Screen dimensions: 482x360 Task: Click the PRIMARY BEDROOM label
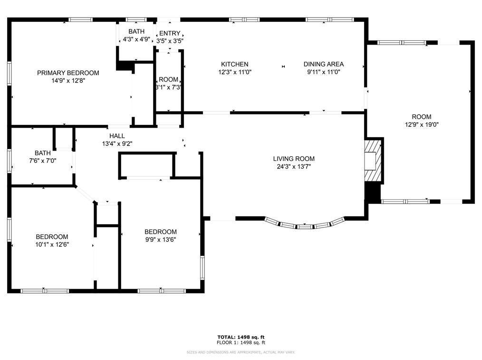(68, 73)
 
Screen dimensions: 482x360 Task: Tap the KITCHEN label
(234, 64)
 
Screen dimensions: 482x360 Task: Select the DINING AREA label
(323, 64)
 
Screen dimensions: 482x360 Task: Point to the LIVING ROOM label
(294, 159)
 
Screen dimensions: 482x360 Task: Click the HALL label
(117, 136)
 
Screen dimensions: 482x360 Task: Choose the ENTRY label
(170, 33)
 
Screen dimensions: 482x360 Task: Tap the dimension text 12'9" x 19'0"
(422, 125)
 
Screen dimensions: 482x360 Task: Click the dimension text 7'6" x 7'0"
(43, 161)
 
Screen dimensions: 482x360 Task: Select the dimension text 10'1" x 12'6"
(52, 245)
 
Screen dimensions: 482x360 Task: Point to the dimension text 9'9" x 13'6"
(161, 239)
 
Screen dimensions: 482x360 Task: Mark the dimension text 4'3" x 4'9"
(136, 39)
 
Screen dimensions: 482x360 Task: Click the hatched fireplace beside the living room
(373, 161)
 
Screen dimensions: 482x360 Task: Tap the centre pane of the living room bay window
(304, 227)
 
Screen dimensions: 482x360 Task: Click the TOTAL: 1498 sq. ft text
(241, 337)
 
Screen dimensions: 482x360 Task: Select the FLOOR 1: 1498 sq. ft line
(241, 342)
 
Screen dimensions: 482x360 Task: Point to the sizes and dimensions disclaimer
(241, 352)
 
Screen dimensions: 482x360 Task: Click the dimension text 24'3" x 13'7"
(294, 167)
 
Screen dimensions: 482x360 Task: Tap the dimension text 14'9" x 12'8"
(68, 81)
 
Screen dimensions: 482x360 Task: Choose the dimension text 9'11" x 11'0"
(323, 72)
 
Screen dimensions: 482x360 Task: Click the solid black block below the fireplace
(373, 193)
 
